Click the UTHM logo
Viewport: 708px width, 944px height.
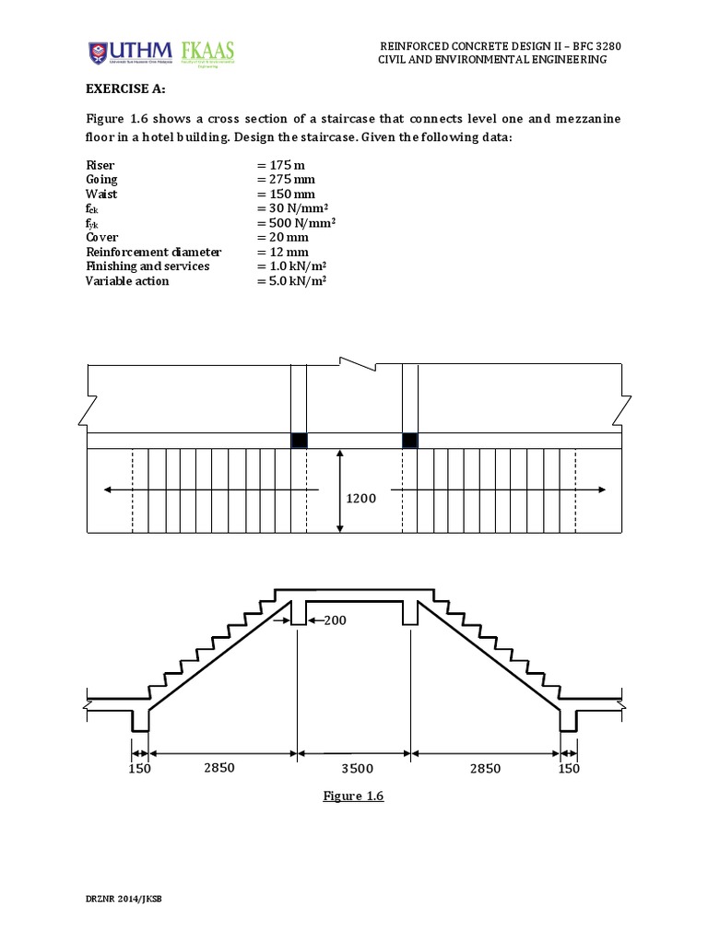pyautogui.click(x=125, y=53)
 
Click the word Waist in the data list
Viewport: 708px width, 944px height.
pyautogui.click(x=101, y=194)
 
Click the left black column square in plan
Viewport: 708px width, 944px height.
pyautogui.click(x=299, y=441)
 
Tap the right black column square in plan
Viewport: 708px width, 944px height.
pyautogui.click(x=410, y=441)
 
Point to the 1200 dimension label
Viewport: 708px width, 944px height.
pyautogui.click(x=360, y=498)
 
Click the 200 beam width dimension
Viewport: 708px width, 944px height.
pyautogui.click(x=334, y=620)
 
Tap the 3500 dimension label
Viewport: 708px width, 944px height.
pyautogui.click(x=355, y=767)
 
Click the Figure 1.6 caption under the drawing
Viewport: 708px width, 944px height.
pyautogui.click(x=353, y=796)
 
